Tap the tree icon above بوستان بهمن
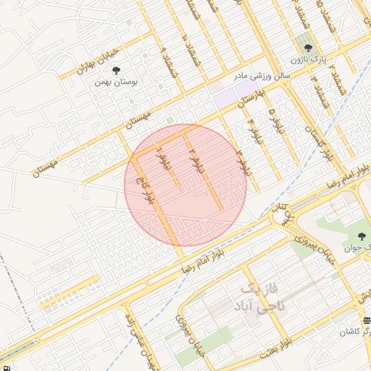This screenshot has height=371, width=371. pyautogui.click(x=117, y=70)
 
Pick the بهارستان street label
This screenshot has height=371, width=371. pyautogui.click(x=252, y=98)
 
